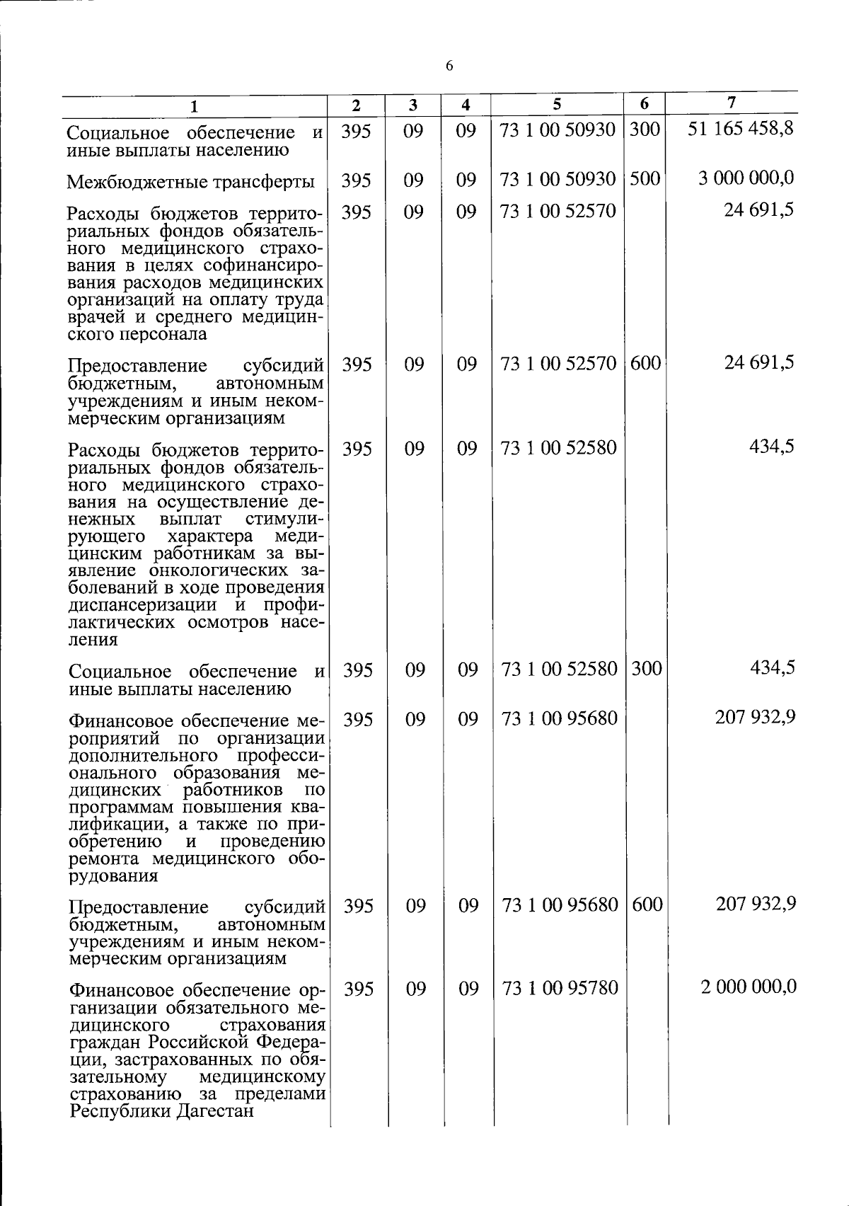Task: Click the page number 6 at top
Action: pos(449,67)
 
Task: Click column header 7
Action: pos(732,103)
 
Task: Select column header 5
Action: pos(557,103)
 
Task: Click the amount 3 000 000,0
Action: pos(746,178)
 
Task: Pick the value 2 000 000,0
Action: pos(749,986)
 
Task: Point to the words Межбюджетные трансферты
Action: pos(191,182)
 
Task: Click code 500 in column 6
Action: pos(645,178)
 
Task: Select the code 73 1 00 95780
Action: pos(560,987)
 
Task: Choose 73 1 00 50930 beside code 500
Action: pos(558,179)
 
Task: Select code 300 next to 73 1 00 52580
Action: pos(646,667)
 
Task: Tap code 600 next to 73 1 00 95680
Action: pos(647,904)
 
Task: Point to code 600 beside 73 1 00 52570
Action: pos(645,363)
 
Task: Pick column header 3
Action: pos(413,105)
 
